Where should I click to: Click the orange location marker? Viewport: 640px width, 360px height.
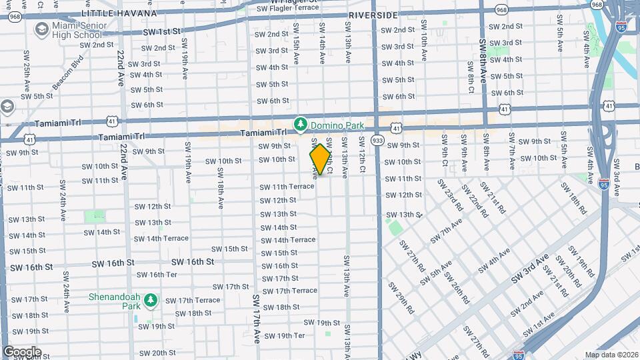(320, 159)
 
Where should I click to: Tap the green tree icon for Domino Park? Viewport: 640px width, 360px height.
(301, 124)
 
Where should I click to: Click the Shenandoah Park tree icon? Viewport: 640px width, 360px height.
(151, 301)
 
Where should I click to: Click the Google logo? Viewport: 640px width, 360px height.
(22, 352)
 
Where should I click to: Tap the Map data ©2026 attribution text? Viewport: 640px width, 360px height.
(611, 355)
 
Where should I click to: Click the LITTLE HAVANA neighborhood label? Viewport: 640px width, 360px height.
(119, 13)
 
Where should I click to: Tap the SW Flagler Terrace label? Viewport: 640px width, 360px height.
(287, 8)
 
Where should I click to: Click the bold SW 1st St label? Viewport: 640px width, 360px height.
(162, 31)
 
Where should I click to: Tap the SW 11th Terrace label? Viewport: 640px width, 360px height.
(287, 187)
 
